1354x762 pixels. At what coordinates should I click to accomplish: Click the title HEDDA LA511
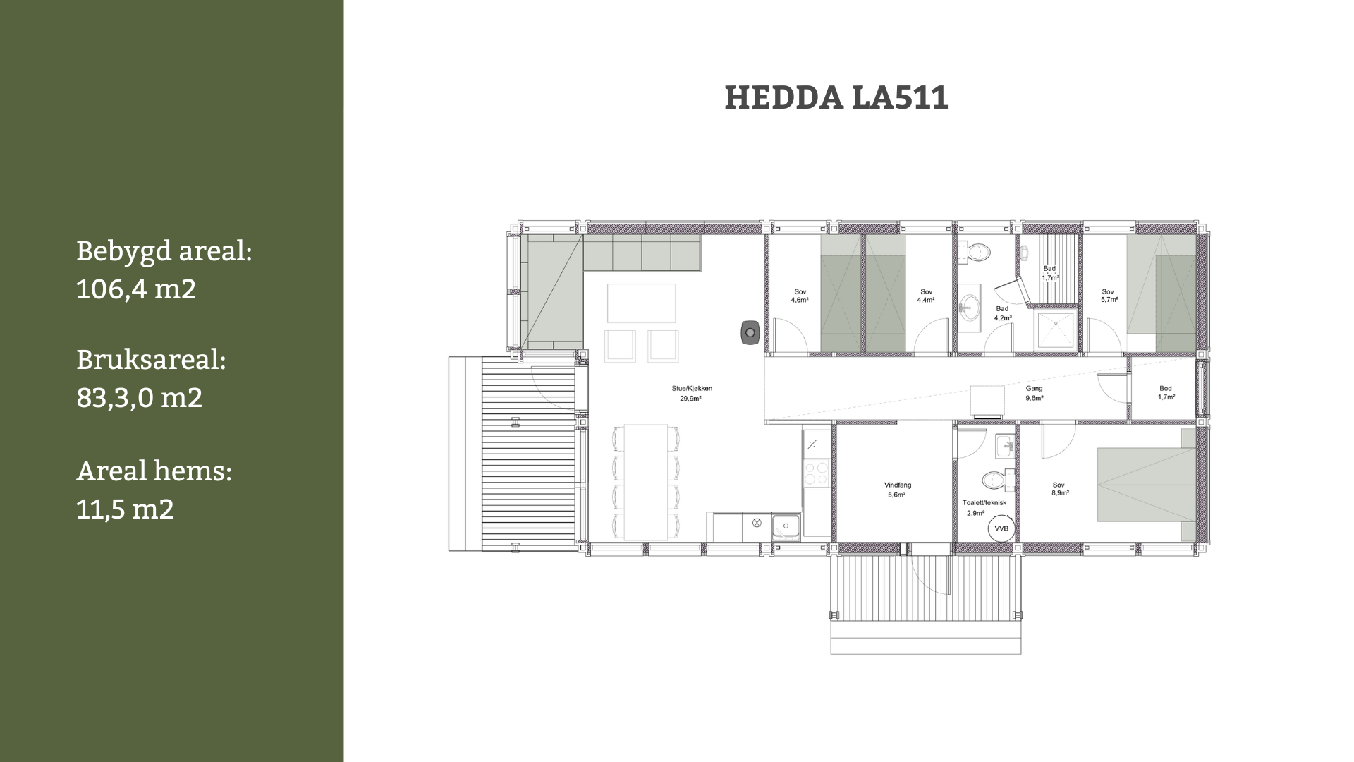(x=836, y=98)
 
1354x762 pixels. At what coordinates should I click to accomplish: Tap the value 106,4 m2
(x=136, y=289)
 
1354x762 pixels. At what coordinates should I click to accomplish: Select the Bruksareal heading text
(x=151, y=360)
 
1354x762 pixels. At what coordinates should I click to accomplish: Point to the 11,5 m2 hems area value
(x=125, y=509)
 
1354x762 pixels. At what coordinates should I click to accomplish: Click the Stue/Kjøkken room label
(x=691, y=394)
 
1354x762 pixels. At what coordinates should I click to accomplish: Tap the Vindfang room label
(x=898, y=490)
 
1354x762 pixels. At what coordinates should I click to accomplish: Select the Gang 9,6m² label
(x=1034, y=393)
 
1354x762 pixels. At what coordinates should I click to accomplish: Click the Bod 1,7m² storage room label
(x=1166, y=393)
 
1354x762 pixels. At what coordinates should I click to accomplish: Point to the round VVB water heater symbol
(x=1001, y=528)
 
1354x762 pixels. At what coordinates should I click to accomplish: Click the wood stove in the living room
(x=750, y=332)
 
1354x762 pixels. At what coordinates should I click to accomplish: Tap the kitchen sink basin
(x=786, y=525)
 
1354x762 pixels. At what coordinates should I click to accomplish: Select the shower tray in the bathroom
(x=1055, y=330)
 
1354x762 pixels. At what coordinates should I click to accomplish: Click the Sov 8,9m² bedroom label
(x=1059, y=489)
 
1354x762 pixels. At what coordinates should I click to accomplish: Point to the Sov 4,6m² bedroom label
(x=800, y=296)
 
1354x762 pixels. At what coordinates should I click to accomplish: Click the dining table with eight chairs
(x=646, y=482)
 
